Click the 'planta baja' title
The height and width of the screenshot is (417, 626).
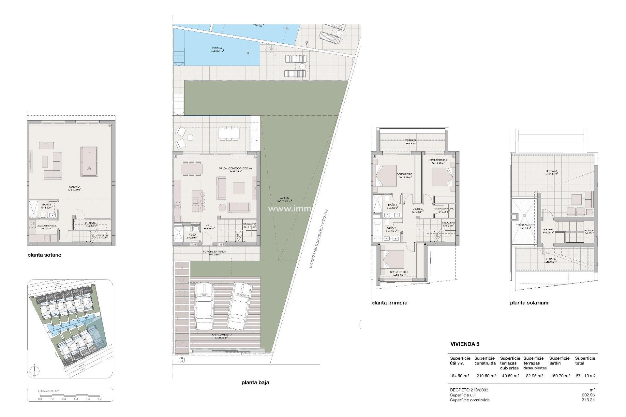point(255,382)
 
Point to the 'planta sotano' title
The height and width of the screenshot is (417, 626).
point(44,255)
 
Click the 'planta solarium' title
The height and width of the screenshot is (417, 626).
point(529,303)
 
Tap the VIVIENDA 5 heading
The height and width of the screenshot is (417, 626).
point(465,344)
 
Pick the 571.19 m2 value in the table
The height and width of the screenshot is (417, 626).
point(585,376)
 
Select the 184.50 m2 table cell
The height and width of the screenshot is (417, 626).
point(460,376)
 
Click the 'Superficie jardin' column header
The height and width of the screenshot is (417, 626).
point(559,361)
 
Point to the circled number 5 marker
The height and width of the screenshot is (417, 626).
point(182,360)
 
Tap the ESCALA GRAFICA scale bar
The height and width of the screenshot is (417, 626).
point(70,396)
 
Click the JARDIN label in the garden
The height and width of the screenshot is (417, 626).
point(284,199)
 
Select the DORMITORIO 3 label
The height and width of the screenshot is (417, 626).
point(399,272)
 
